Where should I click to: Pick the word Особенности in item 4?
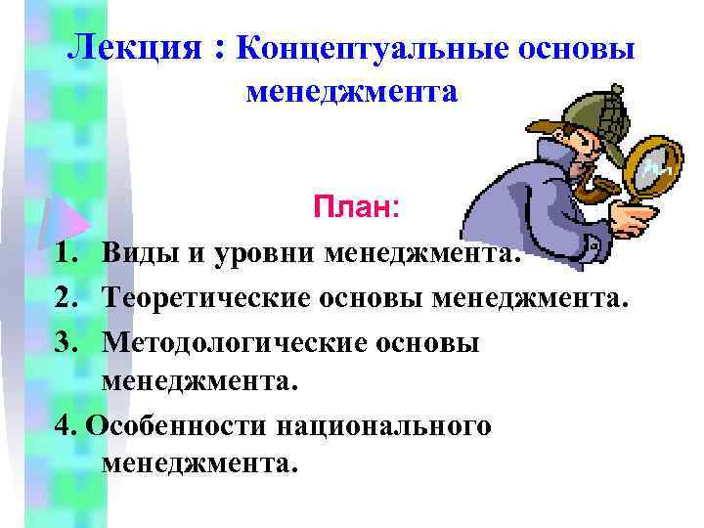pyautogui.click(x=177, y=426)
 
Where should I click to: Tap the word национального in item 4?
pyautogui.click(x=385, y=426)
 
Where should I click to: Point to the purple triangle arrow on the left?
pyautogui.click(x=61, y=217)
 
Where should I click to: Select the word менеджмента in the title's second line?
pyautogui.click(x=351, y=92)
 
